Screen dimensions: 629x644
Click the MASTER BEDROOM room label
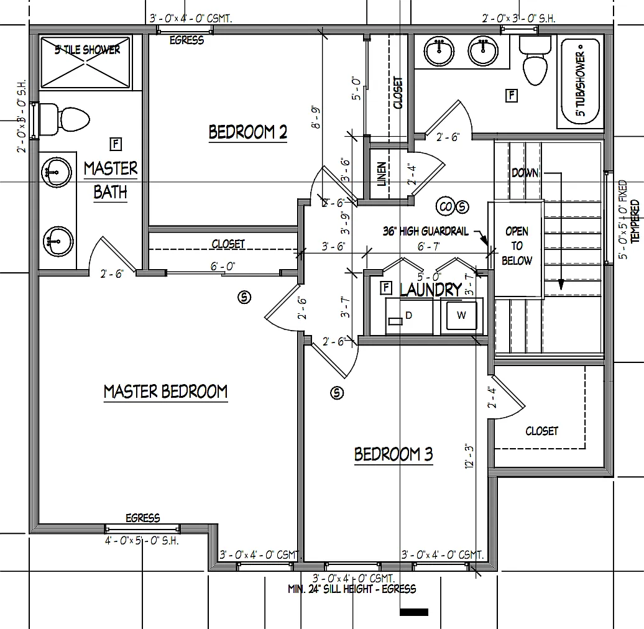(165, 392)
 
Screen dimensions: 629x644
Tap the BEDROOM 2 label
(247, 132)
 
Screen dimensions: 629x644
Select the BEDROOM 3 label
(393, 454)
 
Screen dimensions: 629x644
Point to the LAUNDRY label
(430, 290)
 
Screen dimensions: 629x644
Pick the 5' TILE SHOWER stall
(86, 63)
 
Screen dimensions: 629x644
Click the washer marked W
(461, 316)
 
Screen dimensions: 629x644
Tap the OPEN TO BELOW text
(517, 246)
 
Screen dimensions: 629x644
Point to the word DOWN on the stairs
(525, 173)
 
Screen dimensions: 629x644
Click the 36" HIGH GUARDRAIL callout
(426, 231)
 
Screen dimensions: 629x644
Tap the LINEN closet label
(382, 175)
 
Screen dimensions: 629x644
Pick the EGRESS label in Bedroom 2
(186, 40)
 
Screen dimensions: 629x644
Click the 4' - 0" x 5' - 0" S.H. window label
(142, 541)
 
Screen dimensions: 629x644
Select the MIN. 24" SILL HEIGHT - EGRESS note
(352, 589)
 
